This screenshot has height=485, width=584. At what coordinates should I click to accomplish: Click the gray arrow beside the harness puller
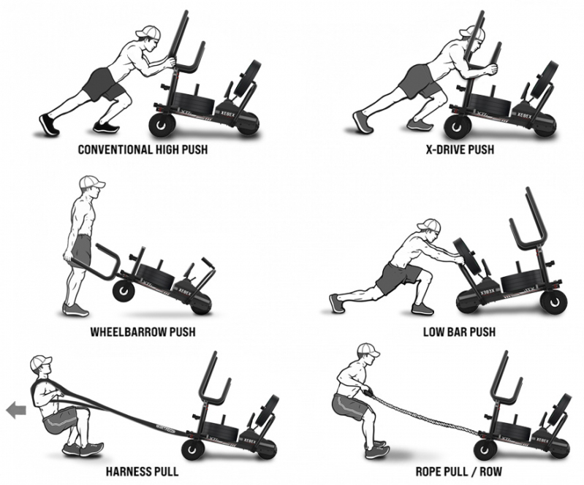pos(16,410)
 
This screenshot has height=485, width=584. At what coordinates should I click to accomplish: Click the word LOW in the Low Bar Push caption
pos(433,332)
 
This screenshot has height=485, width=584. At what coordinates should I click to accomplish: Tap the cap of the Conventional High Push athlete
pos(148,33)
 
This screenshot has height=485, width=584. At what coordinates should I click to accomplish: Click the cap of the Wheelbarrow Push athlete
pos(91,182)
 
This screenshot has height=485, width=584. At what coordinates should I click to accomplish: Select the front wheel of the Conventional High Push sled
pos(162,125)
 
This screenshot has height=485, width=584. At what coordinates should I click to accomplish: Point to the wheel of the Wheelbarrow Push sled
pos(124,291)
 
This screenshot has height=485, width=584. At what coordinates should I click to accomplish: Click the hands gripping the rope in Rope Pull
pos(368,392)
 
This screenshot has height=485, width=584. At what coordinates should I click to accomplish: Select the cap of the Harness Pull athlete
pos(40,362)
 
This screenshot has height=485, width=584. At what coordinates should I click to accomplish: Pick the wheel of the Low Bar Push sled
pos(553,301)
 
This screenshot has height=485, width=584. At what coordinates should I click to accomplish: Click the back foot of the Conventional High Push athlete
pos(48,125)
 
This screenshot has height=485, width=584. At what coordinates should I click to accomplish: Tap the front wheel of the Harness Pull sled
pos(193,450)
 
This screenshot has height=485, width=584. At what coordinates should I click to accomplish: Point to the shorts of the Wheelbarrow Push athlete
pos(82,249)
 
